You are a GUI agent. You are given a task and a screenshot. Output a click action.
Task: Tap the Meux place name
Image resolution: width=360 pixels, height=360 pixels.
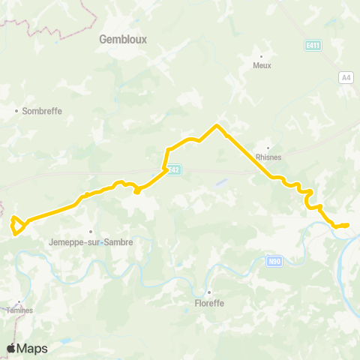[x=262, y=65]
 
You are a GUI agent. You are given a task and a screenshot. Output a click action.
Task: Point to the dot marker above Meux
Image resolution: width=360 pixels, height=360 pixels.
[x=262, y=56]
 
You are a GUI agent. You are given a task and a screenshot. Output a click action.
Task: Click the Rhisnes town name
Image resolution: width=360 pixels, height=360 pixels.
[x=268, y=157]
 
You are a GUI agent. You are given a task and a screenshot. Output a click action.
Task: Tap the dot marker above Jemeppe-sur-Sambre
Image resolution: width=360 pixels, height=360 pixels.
[x=91, y=232]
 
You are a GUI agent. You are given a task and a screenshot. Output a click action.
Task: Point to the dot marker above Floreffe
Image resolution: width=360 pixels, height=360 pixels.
[x=209, y=293]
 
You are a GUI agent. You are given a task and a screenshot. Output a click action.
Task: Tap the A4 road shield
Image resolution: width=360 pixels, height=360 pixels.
[x=346, y=77]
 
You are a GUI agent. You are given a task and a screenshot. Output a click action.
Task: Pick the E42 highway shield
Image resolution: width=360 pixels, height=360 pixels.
[x=173, y=170]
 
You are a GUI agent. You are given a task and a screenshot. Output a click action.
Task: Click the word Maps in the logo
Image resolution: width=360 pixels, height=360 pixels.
[x=33, y=348]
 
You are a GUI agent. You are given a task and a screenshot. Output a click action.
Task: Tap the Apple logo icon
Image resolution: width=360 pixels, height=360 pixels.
[x=12, y=348]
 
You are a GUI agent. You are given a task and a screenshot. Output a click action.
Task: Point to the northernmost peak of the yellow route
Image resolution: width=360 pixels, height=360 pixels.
[x=217, y=125]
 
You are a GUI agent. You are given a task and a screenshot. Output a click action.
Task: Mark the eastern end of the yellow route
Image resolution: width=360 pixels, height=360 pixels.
[x=347, y=225]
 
